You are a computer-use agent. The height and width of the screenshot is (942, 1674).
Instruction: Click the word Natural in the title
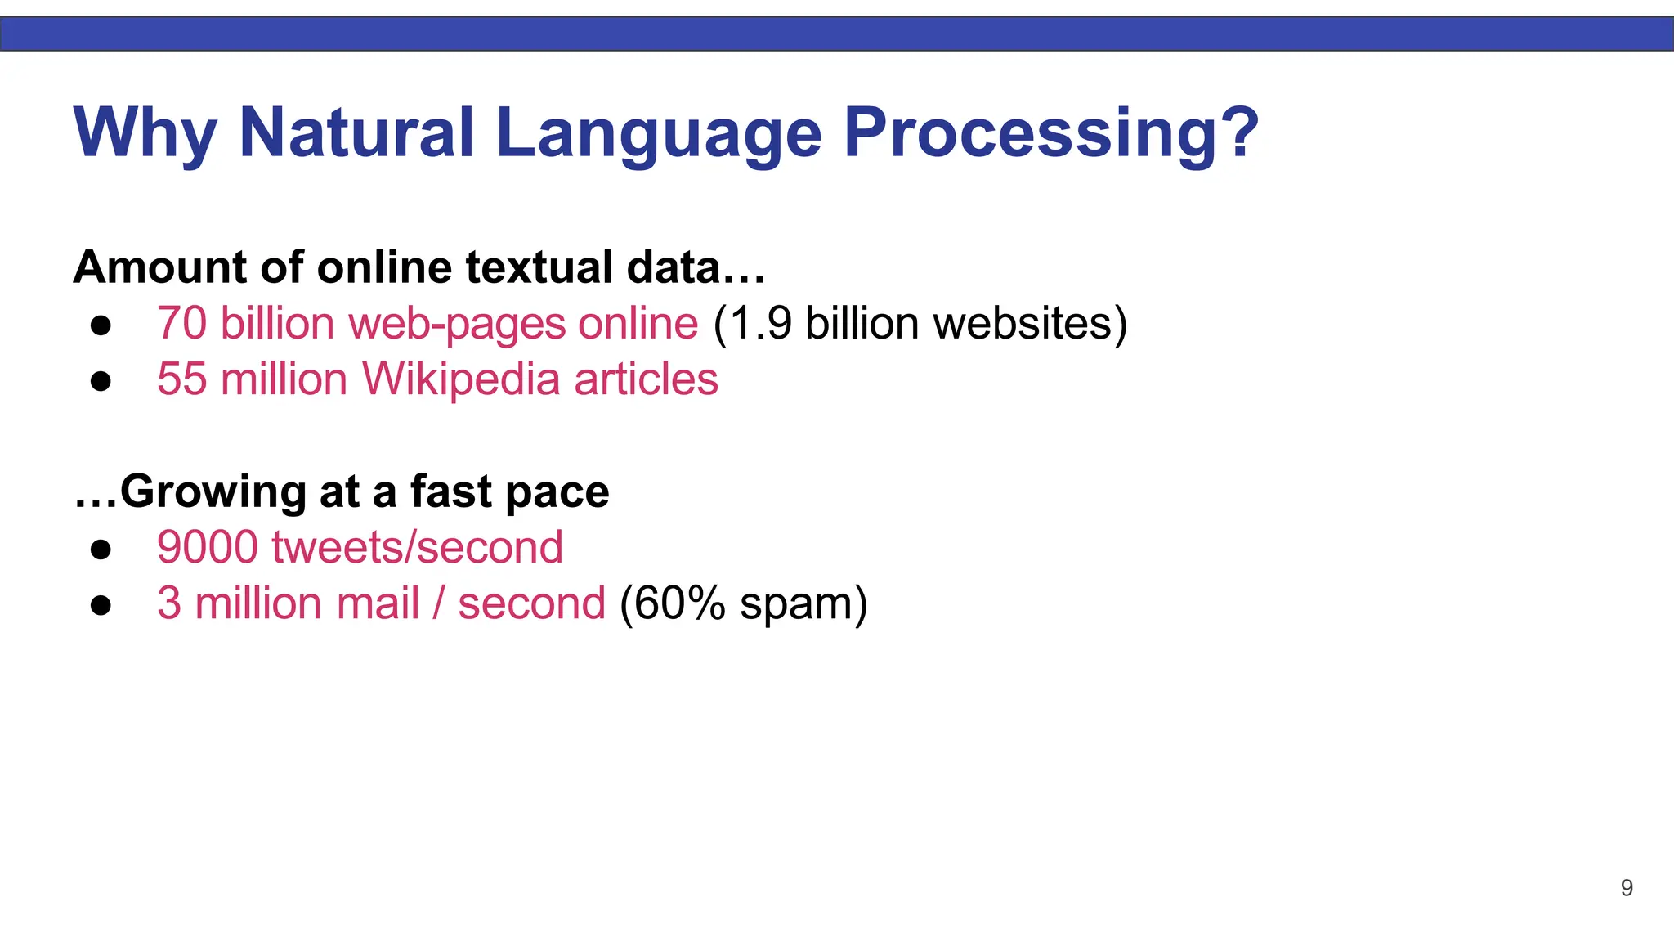[356, 132]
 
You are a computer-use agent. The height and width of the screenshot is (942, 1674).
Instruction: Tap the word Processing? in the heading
[1051, 132]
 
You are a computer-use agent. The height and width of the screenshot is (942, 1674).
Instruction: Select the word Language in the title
[658, 132]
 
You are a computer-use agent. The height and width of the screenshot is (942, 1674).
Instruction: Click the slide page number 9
[1627, 888]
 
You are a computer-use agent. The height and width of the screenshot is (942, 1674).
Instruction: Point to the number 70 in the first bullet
[181, 323]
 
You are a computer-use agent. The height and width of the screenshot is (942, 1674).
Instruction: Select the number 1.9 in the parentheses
[759, 323]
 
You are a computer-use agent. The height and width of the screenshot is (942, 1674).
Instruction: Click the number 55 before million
[181, 379]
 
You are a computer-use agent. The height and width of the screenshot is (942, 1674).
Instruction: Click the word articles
[646, 379]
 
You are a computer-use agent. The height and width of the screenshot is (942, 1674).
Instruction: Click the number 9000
[207, 547]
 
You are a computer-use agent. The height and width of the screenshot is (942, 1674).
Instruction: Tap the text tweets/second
[417, 547]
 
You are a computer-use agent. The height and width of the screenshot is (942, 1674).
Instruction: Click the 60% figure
[680, 603]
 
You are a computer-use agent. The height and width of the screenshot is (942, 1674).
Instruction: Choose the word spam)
[803, 605]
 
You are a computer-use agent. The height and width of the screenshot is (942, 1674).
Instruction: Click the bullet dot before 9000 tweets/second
[101, 549]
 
